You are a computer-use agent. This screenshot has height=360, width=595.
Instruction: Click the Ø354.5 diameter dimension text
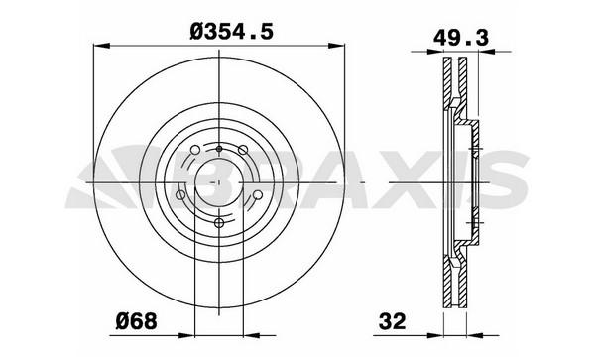(231, 32)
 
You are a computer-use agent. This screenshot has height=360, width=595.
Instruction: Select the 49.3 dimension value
(461, 38)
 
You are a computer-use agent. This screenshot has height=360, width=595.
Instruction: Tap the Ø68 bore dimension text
(136, 322)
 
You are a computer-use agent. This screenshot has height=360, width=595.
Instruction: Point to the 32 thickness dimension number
(393, 322)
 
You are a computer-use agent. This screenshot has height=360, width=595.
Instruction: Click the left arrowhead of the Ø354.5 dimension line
(102, 46)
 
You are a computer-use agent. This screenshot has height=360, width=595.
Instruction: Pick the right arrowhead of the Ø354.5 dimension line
(336, 46)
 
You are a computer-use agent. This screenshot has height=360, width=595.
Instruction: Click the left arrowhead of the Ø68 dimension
(186, 335)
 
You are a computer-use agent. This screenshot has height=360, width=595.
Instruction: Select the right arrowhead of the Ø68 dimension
(251, 335)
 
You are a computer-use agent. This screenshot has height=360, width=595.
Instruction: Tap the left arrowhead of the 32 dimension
(435, 335)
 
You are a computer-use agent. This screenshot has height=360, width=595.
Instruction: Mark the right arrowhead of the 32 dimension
(475, 335)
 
